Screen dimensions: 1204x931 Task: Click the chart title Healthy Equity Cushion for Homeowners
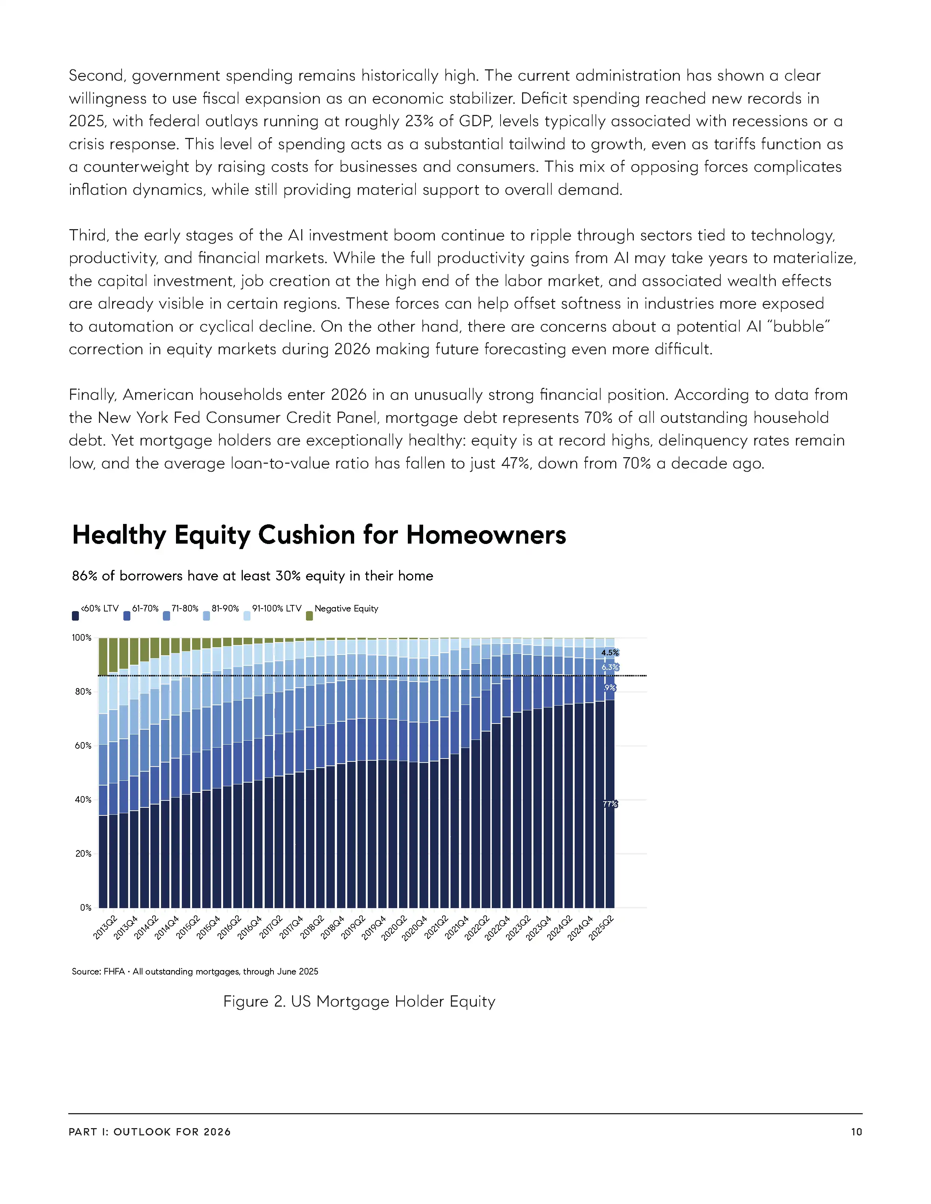(319, 535)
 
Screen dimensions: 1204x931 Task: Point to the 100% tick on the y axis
(82, 638)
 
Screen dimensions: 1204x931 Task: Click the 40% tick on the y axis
(83, 799)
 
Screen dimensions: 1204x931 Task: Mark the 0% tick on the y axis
(85, 907)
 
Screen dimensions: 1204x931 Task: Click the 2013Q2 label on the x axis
(105, 927)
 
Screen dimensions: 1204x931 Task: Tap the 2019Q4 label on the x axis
(373, 927)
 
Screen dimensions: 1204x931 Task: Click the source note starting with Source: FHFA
(195, 971)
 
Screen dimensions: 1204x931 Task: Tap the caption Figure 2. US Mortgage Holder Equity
(359, 1002)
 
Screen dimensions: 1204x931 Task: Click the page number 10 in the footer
(856, 1132)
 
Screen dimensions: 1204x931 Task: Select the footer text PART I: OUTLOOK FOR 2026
(149, 1132)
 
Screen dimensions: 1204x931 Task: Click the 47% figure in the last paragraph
(515, 463)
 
